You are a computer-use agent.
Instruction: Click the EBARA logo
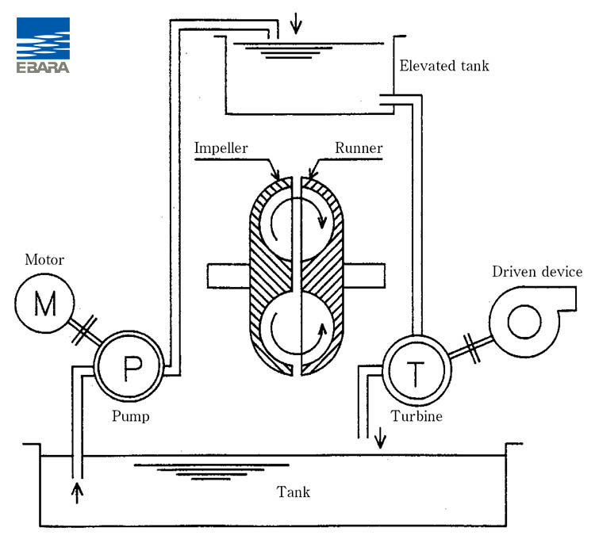(x=43, y=45)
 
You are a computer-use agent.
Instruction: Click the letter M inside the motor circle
(x=45, y=304)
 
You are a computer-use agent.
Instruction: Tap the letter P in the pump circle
(x=132, y=368)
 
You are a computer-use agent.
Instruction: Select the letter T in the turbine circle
(x=416, y=374)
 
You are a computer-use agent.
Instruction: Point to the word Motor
(x=44, y=260)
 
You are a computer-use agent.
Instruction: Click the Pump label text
(x=131, y=417)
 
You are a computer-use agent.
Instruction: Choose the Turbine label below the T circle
(x=416, y=416)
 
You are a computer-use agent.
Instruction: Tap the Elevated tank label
(x=444, y=66)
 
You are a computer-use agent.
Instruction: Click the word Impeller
(x=221, y=148)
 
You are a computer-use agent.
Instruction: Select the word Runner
(x=359, y=147)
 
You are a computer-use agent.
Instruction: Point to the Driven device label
(x=537, y=271)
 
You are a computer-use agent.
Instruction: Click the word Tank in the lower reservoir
(x=294, y=492)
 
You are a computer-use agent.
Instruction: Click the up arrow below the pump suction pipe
(x=77, y=493)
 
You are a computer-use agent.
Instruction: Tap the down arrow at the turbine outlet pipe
(x=380, y=438)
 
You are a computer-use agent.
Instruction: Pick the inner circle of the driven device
(x=524, y=322)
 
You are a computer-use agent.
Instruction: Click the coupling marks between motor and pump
(x=85, y=330)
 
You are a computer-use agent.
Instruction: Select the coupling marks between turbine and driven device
(x=472, y=348)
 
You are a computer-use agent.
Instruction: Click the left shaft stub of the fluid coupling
(x=228, y=276)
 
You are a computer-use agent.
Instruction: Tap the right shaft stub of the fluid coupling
(x=364, y=276)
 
